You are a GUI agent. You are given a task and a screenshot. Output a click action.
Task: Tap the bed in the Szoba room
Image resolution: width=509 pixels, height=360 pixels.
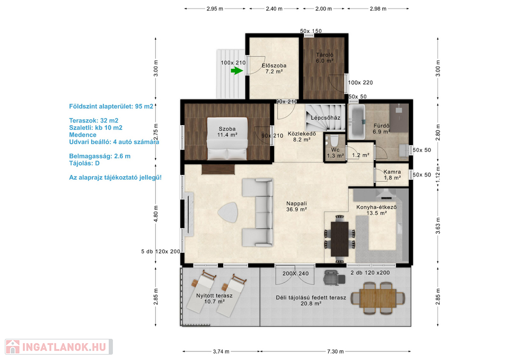[x=227, y=138]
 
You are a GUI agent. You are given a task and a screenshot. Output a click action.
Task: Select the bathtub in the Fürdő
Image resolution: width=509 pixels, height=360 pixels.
[x=357, y=122]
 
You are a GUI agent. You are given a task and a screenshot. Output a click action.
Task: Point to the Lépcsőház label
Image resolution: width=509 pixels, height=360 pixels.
[x=325, y=118]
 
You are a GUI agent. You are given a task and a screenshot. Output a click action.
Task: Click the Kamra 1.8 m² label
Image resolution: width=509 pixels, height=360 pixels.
[x=392, y=174]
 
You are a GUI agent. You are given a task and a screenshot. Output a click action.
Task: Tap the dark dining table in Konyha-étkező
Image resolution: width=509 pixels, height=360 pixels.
[x=339, y=239]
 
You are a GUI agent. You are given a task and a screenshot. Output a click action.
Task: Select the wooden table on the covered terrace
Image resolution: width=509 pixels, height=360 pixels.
[x=378, y=298]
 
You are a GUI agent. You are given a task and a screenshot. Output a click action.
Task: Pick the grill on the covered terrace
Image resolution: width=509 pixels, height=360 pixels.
[x=334, y=277]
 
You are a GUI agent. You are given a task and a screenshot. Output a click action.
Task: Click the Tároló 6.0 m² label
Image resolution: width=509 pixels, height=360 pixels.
[x=324, y=58]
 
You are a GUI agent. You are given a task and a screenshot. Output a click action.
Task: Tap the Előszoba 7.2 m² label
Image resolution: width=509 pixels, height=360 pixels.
[x=274, y=68]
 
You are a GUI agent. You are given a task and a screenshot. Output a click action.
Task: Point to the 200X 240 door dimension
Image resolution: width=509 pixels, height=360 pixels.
[x=295, y=274]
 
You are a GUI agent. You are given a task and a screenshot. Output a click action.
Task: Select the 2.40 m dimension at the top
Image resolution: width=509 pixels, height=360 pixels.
[x=274, y=9]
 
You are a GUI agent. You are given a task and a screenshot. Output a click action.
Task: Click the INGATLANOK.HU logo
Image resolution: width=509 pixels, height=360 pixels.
[x=59, y=347]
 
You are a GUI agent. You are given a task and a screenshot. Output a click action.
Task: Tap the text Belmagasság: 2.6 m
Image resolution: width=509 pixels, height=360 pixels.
[x=100, y=156]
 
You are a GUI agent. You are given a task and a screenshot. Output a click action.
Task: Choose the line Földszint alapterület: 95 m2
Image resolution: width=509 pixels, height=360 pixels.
[x=111, y=107]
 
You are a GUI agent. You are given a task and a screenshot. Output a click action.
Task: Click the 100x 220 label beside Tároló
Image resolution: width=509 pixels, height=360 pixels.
[x=361, y=83]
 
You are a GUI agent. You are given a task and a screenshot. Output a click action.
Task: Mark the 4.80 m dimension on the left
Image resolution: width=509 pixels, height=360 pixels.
[x=156, y=214]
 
